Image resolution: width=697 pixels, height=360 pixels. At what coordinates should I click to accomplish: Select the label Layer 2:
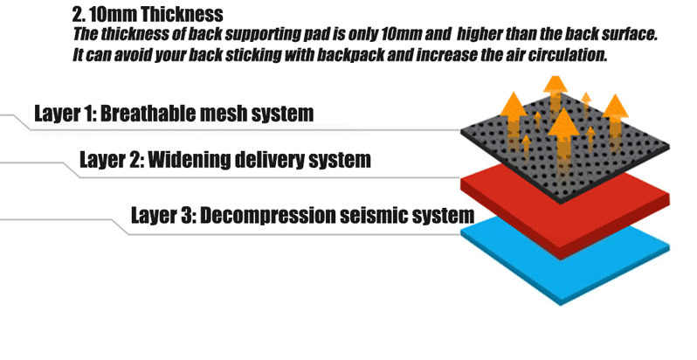click(110, 160)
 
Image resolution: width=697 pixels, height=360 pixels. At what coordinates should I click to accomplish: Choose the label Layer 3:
click(162, 215)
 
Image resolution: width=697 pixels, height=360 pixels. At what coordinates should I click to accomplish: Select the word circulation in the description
click(563, 54)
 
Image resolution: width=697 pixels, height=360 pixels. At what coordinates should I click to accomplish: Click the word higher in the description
click(480, 36)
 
